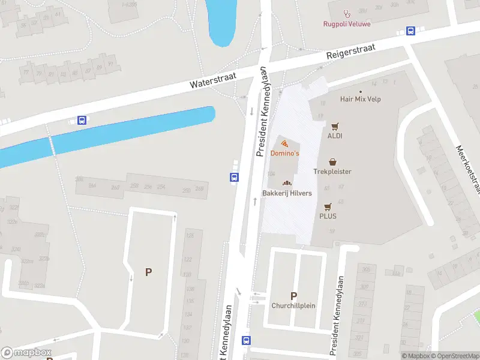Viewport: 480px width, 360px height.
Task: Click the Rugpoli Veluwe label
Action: tap(346, 24)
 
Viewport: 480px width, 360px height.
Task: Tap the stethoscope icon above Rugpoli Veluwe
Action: tap(346, 13)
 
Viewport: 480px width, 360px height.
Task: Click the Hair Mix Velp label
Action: tap(361, 100)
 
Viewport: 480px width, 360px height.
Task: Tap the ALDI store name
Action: tap(335, 136)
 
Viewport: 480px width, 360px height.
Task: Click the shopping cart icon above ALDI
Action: tap(335, 126)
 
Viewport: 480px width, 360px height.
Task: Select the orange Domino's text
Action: tap(284, 154)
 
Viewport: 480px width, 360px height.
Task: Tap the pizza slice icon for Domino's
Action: tap(284, 143)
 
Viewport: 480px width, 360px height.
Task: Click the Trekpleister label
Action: tap(332, 172)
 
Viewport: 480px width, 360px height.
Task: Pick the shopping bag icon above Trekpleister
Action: tap(332, 162)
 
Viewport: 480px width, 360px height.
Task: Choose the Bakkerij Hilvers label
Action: tap(287, 193)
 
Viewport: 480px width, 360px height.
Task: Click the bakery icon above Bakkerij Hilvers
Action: tap(287, 183)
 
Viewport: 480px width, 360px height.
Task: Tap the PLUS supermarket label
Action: tap(328, 216)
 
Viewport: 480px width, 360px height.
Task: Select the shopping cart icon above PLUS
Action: tap(328, 206)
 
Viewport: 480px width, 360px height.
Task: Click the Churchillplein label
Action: tap(293, 305)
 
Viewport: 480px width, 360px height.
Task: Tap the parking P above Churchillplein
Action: tap(293, 295)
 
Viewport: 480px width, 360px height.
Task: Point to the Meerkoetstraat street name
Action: tap(469, 170)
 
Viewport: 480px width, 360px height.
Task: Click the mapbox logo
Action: tap(26, 353)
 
